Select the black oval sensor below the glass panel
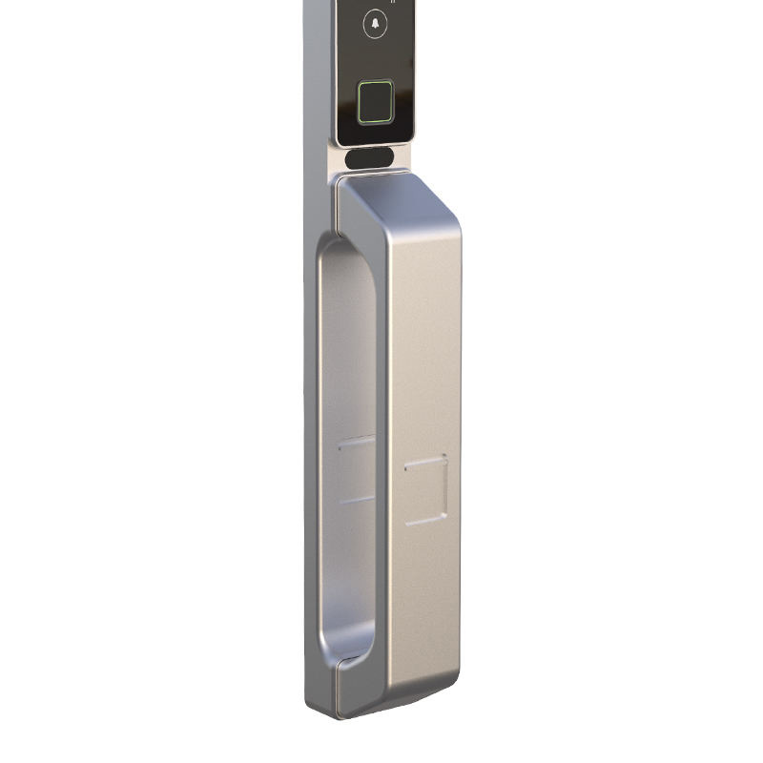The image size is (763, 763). click(x=370, y=158)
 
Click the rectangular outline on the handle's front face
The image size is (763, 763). click(x=425, y=490)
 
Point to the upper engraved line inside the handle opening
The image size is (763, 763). click(x=357, y=440)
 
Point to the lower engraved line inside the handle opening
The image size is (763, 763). click(x=357, y=498)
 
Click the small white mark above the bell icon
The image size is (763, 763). click(x=393, y=2)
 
